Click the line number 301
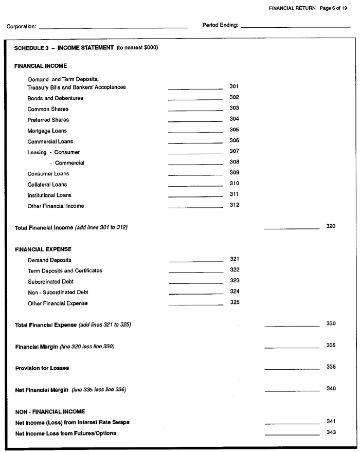click(234, 86)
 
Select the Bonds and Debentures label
click(55, 98)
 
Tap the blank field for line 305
click(195, 132)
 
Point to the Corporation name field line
click(113, 27)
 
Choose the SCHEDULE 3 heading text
click(86, 48)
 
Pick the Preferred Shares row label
click(48, 120)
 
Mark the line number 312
click(234, 205)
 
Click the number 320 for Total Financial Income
click(331, 226)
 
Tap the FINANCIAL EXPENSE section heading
click(43, 249)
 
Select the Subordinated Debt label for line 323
click(50, 282)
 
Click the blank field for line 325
click(195, 304)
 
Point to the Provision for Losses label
click(42, 368)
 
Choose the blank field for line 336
click(292, 368)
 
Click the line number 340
click(331, 389)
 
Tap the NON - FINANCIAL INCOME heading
click(49, 411)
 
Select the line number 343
click(331, 432)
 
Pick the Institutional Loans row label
click(49, 195)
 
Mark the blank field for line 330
click(292, 326)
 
